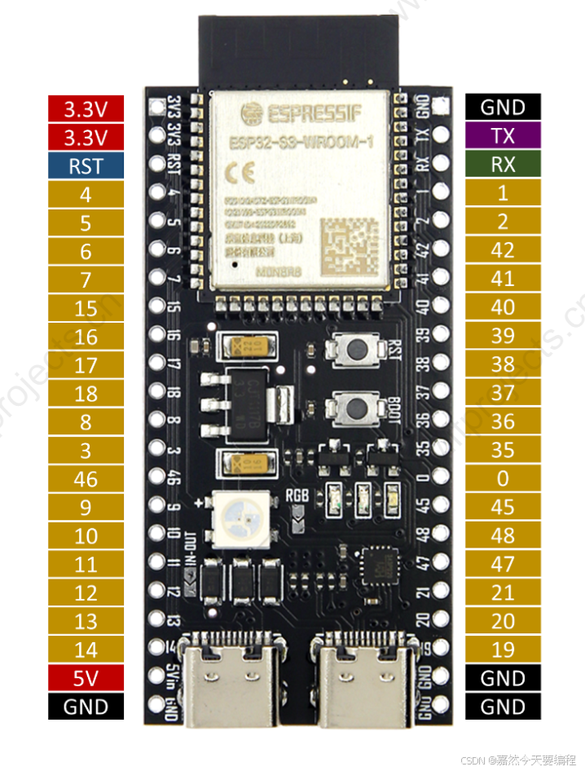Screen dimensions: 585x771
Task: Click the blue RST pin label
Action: click(86, 165)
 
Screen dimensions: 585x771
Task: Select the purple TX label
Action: click(503, 136)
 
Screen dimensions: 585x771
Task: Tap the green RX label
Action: click(503, 165)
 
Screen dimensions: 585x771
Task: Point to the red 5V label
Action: click(86, 678)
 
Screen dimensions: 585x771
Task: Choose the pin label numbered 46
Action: click(86, 479)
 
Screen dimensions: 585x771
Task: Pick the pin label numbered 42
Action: click(503, 250)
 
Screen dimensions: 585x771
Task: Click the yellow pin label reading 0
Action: click(503, 478)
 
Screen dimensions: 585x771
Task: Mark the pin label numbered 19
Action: click(503, 650)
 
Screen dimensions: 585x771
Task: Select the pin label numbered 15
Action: click(86, 308)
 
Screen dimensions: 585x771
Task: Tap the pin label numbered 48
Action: click(503, 535)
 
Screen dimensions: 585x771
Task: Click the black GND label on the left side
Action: click(86, 707)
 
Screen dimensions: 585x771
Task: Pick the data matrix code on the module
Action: click(349, 244)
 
